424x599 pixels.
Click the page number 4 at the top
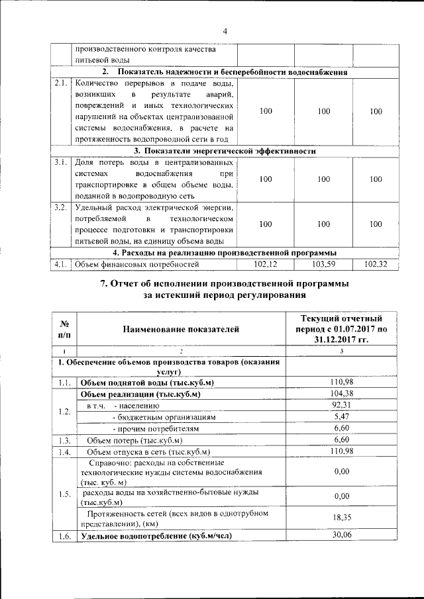(x=225, y=31)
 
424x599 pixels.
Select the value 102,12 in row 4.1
(x=266, y=265)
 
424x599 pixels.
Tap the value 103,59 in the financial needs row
(x=324, y=265)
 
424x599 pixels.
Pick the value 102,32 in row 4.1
(x=376, y=265)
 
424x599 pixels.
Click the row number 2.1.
(x=62, y=83)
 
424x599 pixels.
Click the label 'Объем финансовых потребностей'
(x=137, y=265)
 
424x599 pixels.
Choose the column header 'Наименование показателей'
(x=179, y=328)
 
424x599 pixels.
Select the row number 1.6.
(x=64, y=536)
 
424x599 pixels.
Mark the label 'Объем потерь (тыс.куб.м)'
(x=134, y=440)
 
